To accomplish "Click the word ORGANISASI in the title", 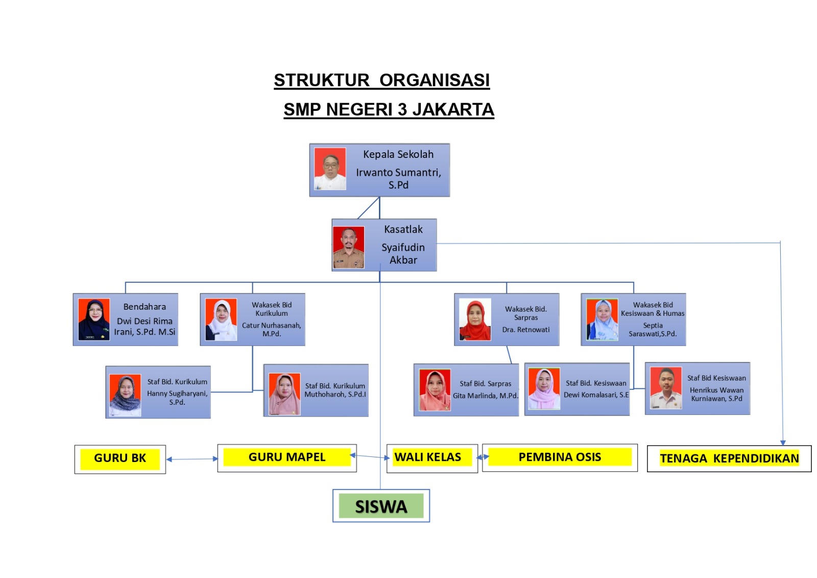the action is coord(435,80).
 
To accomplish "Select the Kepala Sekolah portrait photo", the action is coord(330,169).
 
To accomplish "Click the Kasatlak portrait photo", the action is coord(348,247).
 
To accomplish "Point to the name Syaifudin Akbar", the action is coord(403,253).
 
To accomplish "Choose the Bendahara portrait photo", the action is coord(94,319).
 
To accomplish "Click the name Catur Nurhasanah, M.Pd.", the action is coord(271,329).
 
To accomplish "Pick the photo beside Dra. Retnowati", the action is coord(475,319).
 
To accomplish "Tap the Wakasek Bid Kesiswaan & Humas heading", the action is coord(653,309).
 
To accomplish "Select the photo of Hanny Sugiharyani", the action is coord(125,395).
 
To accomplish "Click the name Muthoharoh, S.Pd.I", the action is coord(335,395).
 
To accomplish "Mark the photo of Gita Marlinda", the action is coord(435,390).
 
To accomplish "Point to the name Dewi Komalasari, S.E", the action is coord(596,395).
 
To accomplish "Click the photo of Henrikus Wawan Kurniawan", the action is coord(666,388).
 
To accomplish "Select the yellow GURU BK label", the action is coord(120,458).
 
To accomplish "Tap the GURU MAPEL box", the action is coord(287,458).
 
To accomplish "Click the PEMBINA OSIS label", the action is coord(560,457).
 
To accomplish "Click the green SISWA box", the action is coord(381,506).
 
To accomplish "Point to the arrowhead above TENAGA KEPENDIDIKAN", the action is coord(783,443).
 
